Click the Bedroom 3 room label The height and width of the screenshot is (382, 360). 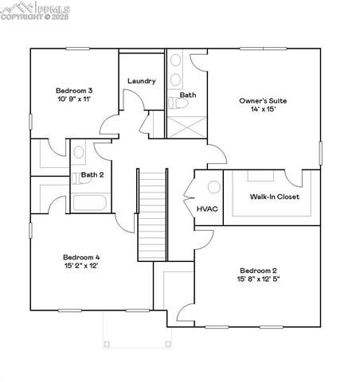73,90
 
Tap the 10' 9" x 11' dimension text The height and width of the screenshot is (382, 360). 73,99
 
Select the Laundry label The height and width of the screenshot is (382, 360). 141,81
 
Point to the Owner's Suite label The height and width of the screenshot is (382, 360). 263,101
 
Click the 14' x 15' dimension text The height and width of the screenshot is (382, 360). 263,111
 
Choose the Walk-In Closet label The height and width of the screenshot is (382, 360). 274,197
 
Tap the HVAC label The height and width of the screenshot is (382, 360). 208,209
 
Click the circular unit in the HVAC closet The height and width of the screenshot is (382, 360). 213,188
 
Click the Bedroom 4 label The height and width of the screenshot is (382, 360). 81,257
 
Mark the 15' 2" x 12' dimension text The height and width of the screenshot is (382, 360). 81,267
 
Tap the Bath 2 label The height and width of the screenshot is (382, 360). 92,174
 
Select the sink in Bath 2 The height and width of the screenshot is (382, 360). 79,152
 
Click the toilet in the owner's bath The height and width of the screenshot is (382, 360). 174,102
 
